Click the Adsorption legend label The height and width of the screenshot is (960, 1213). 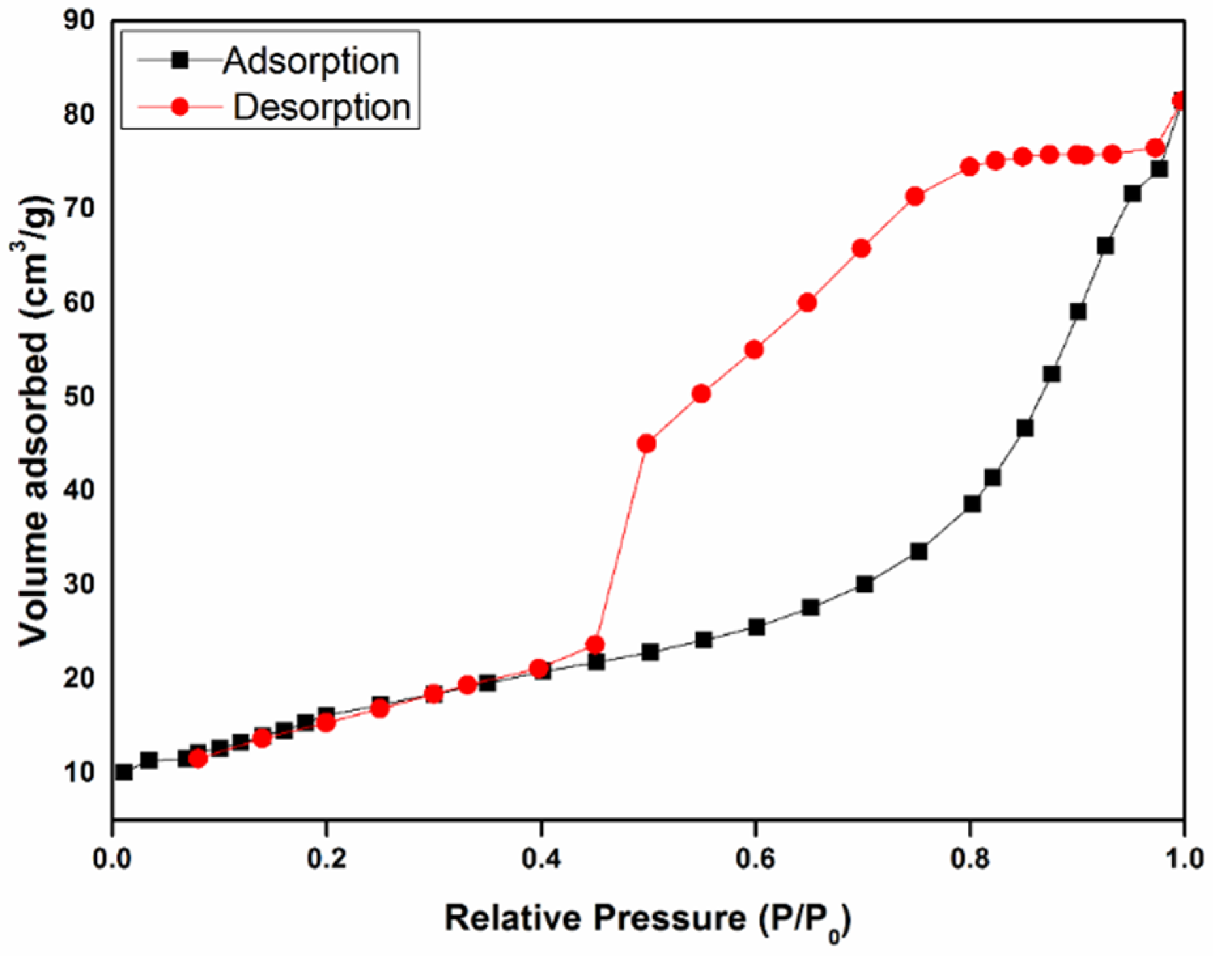[311, 61]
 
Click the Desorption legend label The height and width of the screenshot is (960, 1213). [322, 107]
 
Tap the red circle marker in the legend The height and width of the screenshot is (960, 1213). [179, 107]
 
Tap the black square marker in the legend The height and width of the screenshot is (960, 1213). [179, 61]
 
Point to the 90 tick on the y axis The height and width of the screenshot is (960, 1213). [78, 21]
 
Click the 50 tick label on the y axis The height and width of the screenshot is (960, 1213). [78, 396]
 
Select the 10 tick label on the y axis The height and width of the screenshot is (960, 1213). [78, 772]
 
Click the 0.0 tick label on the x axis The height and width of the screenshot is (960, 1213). [114, 858]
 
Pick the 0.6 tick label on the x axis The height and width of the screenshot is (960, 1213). [756, 858]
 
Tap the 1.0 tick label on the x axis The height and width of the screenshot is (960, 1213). [1184, 858]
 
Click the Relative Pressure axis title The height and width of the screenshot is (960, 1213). [647, 919]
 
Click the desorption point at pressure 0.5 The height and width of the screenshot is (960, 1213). [646, 443]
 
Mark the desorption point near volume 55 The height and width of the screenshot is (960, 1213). [754, 350]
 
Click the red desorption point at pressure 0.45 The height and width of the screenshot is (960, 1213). [594, 645]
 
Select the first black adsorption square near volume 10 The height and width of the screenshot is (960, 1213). [124, 772]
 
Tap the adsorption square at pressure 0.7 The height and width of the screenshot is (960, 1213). [864, 584]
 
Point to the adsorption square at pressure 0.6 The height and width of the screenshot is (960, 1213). [757, 627]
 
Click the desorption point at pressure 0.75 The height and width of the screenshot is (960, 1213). [915, 196]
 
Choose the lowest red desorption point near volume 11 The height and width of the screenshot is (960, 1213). [197, 759]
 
